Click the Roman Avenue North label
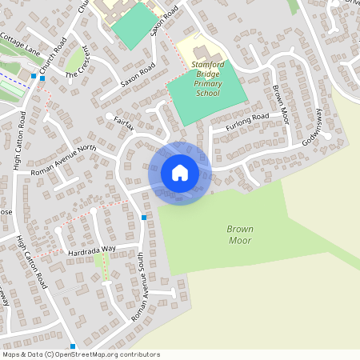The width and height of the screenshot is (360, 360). pyautogui.click(x=63, y=160)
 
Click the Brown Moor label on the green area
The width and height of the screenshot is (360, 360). pyautogui.click(x=240, y=234)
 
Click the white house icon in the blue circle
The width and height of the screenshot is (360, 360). pyautogui.click(x=180, y=173)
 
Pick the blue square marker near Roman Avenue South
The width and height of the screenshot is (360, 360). pyautogui.click(x=144, y=218)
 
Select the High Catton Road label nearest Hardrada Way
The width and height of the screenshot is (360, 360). pyautogui.click(x=31, y=264)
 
